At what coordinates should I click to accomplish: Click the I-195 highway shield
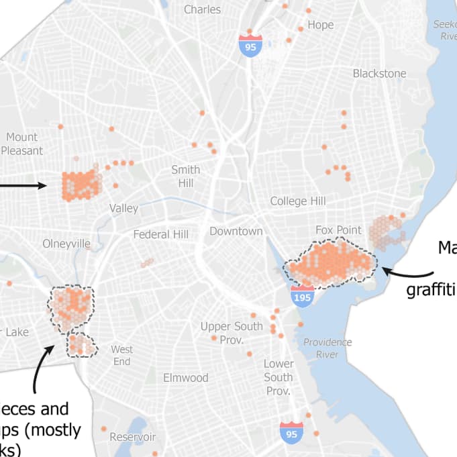coord(302,296)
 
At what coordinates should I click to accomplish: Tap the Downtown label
coord(236,231)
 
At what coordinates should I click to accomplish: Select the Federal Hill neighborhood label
coord(161,234)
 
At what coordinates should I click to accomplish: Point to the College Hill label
coord(298,201)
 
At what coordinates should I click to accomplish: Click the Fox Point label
coord(339,230)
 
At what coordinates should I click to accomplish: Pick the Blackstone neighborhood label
coord(380,73)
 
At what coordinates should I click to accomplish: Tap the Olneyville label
coord(66,243)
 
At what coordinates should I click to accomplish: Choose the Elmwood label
coord(186,378)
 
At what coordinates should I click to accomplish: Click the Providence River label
coord(327,348)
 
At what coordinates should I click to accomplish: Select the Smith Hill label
coord(186,176)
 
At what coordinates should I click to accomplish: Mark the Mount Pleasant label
coord(22,144)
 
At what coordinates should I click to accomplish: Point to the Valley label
coord(123,208)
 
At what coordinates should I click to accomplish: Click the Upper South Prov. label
coord(232,332)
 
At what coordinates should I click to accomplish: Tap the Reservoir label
coord(133,437)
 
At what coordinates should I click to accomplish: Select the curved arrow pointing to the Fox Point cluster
coord(409,272)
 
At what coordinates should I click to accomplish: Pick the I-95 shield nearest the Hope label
coord(250,44)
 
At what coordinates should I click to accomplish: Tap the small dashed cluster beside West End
coord(82,345)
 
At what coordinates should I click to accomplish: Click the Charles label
coord(202,9)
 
